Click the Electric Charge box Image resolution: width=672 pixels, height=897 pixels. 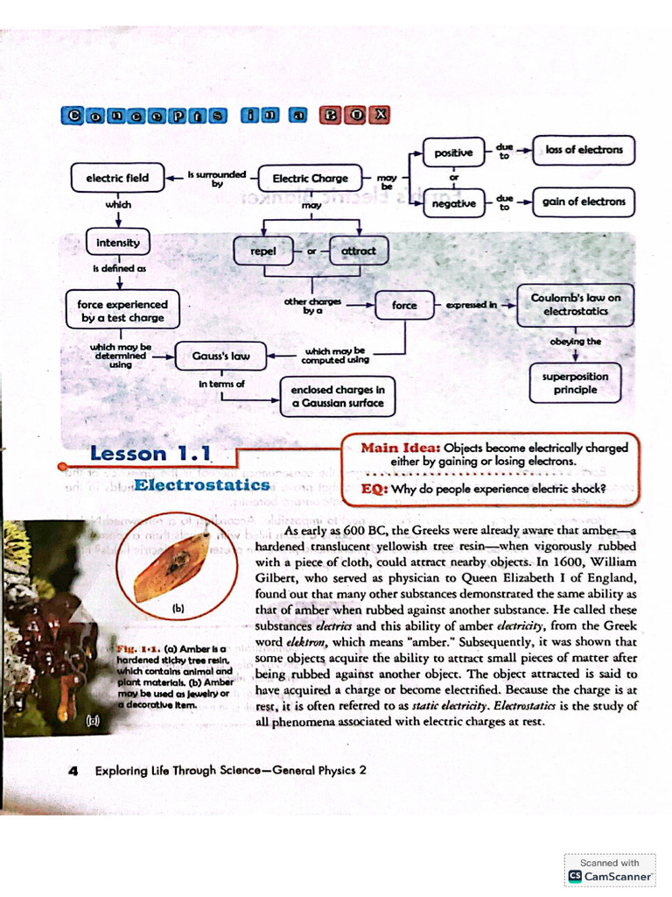[x=310, y=178]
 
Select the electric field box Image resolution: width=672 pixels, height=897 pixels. [x=117, y=178]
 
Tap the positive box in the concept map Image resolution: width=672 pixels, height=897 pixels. [x=453, y=152]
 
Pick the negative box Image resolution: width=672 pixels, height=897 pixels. [x=453, y=203]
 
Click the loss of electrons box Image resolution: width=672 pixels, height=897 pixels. [x=584, y=150]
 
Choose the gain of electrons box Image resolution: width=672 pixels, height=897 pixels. [x=584, y=201]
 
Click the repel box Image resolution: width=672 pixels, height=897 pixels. [x=262, y=251]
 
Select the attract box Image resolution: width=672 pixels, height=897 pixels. [x=358, y=251]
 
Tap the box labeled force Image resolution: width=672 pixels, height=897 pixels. [x=404, y=305]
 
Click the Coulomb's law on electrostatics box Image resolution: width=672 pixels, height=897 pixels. [x=575, y=304]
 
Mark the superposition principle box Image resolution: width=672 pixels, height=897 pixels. [x=575, y=383]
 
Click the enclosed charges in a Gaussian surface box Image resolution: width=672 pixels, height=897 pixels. [x=338, y=396]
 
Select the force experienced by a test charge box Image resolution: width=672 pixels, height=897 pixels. [x=116, y=311]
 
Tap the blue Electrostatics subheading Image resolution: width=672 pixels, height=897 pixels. [x=202, y=484]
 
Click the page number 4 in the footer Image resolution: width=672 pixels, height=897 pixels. [x=73, y=770]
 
